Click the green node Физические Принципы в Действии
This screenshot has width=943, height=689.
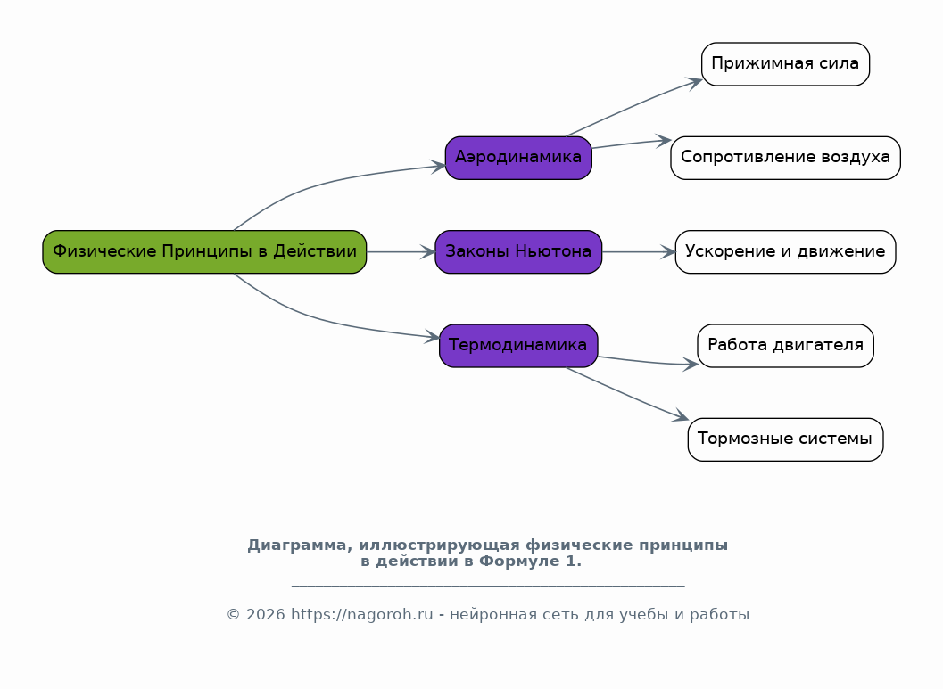click(204, 251)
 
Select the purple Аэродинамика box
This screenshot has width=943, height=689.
click(518, 158)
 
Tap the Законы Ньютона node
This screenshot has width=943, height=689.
click(518, 251)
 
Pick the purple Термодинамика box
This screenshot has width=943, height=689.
click(518, 346)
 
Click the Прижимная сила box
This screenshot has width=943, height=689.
click(785, 64)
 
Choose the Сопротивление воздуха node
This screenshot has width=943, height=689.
click(785, 158)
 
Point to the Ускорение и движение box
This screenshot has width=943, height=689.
click(785, 251)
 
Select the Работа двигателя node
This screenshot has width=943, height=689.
click(785, 346)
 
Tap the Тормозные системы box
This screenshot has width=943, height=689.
click(785, 439)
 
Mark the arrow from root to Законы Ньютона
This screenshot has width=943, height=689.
click(401, 251)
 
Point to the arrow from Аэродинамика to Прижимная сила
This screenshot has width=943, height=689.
click(633, 106)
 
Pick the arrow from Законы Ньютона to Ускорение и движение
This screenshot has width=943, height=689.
click(639, 251)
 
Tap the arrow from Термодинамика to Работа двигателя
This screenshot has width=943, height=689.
click(648, 362)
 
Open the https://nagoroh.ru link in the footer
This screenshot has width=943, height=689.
click(362, 614)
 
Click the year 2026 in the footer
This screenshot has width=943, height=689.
click(265, 614)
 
